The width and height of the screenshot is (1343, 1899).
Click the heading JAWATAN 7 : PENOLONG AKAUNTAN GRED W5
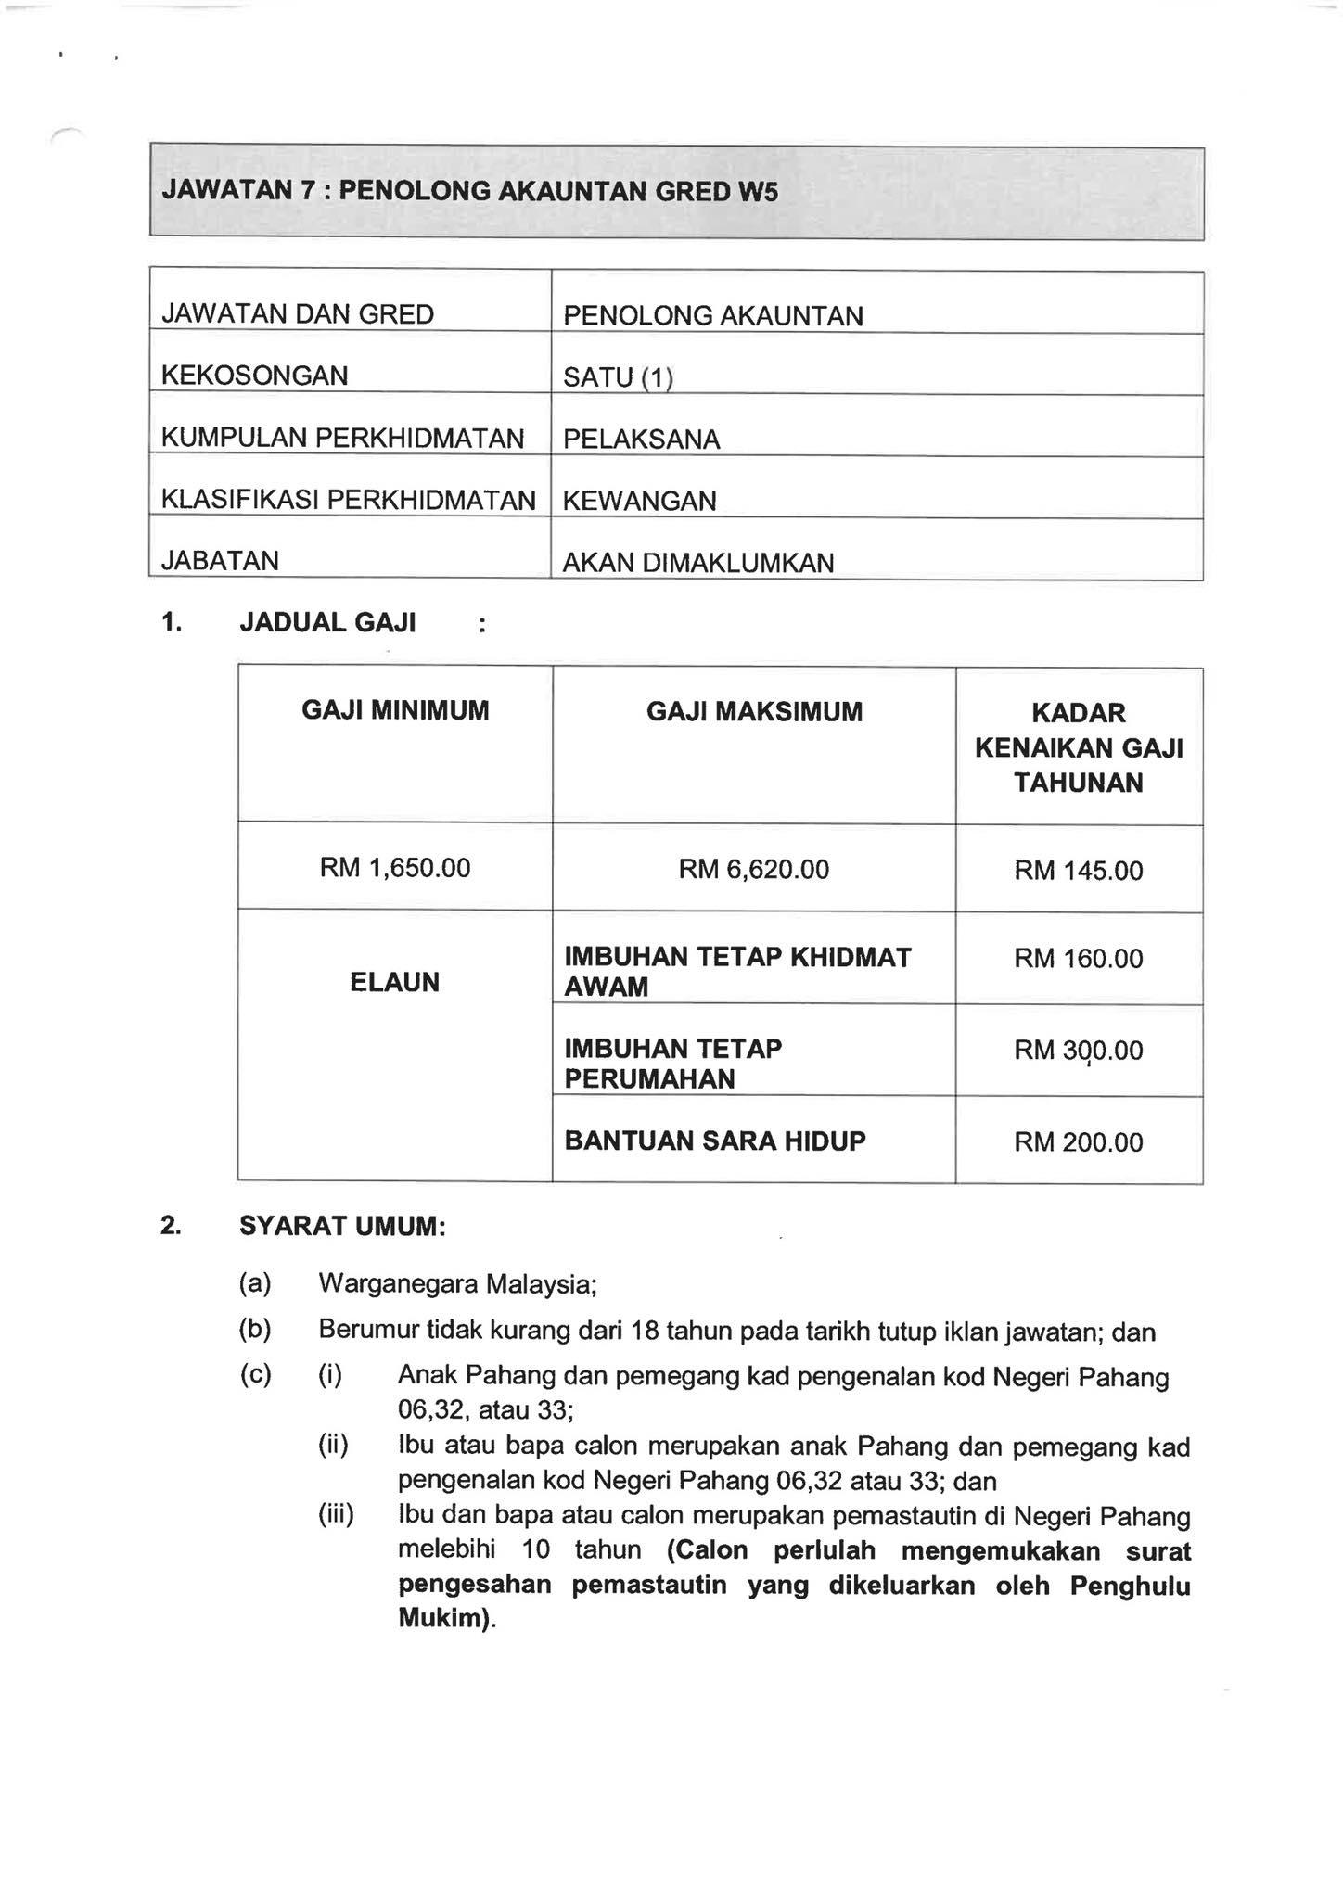point(469,191)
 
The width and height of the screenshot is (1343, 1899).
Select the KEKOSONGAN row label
point(254,376)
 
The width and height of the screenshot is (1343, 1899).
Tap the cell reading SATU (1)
point(618,377)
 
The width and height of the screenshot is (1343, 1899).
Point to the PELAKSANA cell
point(641,440)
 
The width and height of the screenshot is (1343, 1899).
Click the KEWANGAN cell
point(639,502)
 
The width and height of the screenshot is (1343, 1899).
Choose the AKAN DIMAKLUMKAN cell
point(697,563)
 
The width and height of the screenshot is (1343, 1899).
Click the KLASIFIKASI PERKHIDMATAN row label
point(348,500)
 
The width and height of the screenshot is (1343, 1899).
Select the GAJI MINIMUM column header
point(395,711)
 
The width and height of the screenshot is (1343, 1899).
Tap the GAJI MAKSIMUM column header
point(754,712)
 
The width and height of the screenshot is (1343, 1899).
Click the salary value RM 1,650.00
point(395,868)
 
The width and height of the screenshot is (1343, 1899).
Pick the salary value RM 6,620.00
point(754,869)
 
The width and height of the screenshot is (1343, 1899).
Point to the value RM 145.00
point(1078,871)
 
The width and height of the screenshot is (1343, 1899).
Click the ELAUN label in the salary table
point(395,983)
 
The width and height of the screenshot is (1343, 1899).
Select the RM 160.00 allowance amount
point(1078,959)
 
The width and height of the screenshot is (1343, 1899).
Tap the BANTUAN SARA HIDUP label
point(714,1141)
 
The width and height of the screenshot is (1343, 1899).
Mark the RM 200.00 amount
point(1078,1142)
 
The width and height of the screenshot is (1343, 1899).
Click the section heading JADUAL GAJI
point(327,622)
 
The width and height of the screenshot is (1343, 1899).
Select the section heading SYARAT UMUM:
point(342,1227)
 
